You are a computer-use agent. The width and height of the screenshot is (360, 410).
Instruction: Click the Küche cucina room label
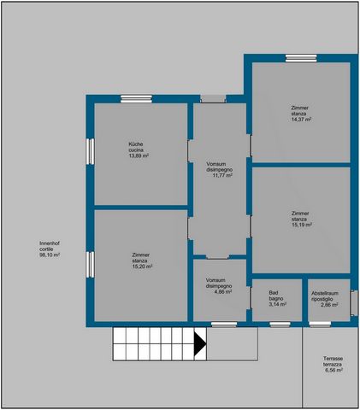(x=136, y=147)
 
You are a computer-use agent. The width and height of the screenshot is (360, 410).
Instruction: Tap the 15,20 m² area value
(x=142, y=266)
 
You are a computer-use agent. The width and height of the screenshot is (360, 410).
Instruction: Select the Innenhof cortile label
(x=46, y=246)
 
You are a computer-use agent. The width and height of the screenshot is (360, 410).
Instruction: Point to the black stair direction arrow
(x=200, y=344)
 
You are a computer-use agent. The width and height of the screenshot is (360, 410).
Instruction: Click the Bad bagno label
(x=276, y=296)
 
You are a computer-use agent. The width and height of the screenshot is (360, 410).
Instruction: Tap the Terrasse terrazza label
(x=333, y=361)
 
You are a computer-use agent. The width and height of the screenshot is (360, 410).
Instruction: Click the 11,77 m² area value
(x=222, y=175)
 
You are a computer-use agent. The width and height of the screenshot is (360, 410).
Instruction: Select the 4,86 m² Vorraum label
(x=219, y=286)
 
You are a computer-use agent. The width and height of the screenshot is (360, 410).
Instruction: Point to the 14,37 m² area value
(x=301, y=120)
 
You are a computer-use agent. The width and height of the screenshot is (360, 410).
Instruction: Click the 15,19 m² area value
(x=302, y=225)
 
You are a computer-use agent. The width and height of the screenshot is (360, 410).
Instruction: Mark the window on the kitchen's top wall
(x=136, y=99)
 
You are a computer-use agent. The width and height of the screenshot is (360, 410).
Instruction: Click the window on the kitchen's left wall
(x=90, y=151)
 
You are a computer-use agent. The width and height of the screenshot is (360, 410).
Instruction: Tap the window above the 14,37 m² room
(x=301, y=58)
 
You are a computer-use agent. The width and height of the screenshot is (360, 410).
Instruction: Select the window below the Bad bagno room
(x=280, y=325)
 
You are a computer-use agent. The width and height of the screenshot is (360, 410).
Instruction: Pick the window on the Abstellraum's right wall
(x=354, y=303)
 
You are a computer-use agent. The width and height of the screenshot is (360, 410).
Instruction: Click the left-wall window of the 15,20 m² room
(x=90, y=265)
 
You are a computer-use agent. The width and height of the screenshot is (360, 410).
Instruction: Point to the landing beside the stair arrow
(x=233, y=344)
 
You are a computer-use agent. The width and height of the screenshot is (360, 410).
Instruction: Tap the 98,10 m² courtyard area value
(x=50, y=255)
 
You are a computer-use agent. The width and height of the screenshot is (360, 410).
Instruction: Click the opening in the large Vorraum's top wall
(x=213, y=99)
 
